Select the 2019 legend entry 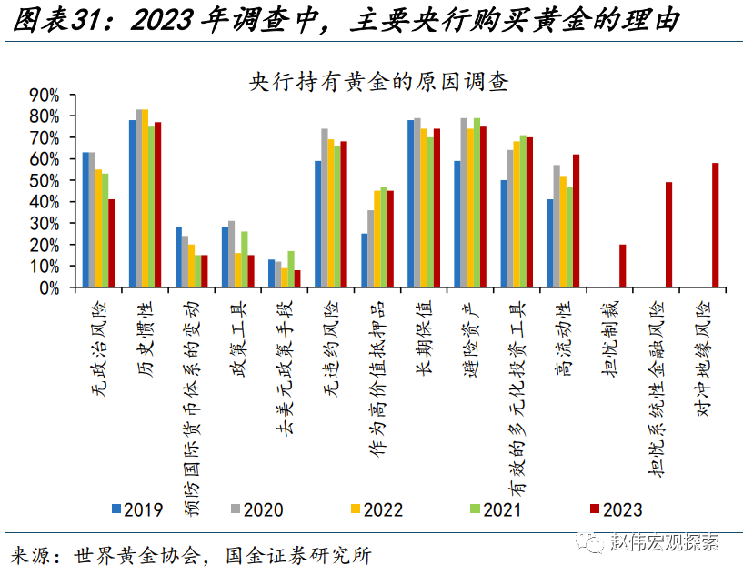[x=137, y=509]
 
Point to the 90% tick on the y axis [x=45, y=95]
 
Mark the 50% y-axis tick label [x=45, y=180]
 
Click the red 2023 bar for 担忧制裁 [x=623, y=266]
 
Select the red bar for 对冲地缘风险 [x=716, y=225]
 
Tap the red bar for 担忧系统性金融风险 [x=669, y=235]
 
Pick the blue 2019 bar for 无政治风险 [x=85, y=219]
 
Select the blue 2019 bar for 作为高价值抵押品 [x=365, y=260]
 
